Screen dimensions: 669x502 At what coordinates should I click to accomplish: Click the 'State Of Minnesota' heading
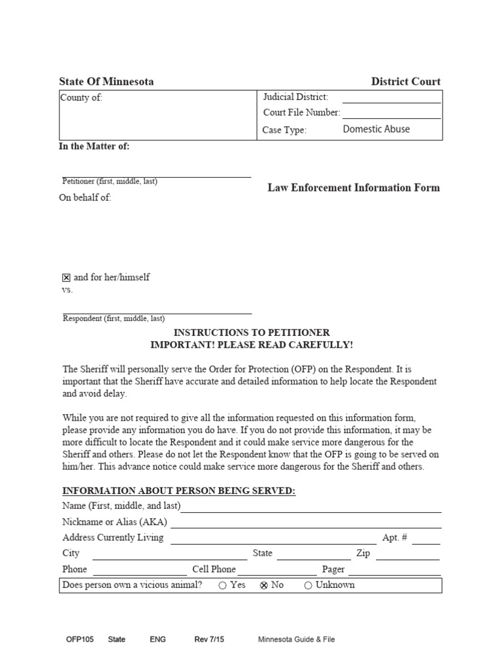click(x=107, y=82)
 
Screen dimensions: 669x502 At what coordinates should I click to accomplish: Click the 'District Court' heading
click(x=405, y=82)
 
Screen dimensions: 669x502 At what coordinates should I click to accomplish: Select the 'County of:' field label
click(x=82, y=98)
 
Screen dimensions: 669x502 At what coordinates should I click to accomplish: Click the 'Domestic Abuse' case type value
click(x=376, y=129)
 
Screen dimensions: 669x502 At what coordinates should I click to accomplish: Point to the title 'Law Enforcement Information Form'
click(x=354, y=188)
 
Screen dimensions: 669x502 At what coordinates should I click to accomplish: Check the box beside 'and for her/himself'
click(x=66, y=278)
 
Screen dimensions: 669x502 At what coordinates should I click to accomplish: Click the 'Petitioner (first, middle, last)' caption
click(x=110, y=182)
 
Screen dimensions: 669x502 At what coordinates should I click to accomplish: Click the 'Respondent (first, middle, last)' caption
click(x=113, y=319)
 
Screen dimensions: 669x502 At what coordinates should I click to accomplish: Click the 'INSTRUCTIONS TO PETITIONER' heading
click(x=252, y=333)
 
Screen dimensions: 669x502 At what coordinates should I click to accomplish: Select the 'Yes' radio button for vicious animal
click(x=223, y=585)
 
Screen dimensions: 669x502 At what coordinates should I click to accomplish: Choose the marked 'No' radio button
click(x=264, y=585)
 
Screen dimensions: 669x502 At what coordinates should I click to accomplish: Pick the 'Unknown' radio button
click(x=309, y=585)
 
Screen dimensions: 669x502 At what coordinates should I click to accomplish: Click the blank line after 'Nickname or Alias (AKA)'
click(x=306, y=523)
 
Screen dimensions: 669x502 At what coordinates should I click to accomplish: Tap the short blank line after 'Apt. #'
click(x=426, y=540)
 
